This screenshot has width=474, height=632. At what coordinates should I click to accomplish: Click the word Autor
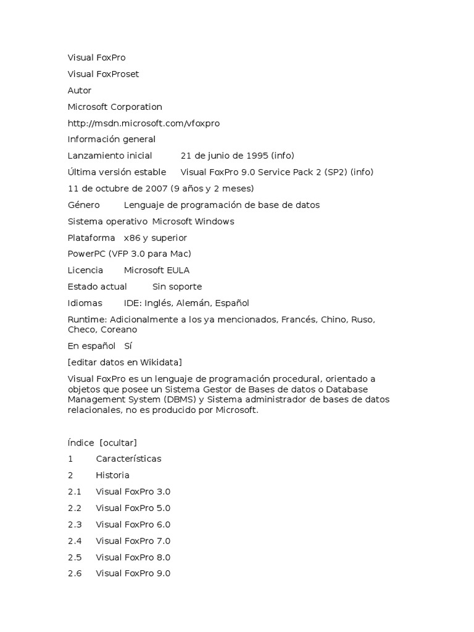click(80, 91)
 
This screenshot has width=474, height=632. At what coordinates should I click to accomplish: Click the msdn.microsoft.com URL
click(143, 123)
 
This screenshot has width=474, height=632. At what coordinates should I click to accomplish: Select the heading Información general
click(111, 139)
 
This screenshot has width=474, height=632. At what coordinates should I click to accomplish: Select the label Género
click(83, 205)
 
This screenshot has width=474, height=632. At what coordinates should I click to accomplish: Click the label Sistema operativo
click(107, 222)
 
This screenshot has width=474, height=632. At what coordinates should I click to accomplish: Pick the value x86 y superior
click(155, 238)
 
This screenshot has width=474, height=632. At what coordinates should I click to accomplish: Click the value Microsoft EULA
click(157, 270)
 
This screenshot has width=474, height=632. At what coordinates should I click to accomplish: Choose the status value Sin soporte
click(177, 287)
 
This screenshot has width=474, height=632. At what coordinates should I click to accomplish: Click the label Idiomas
click(85, 303)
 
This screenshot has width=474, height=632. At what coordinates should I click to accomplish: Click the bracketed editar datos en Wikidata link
click(125, 362)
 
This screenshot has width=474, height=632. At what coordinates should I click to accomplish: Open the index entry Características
click(128, 459)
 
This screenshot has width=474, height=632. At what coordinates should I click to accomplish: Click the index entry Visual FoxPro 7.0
click(133, 541)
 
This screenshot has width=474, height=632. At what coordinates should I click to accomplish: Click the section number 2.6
click(75, 574)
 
